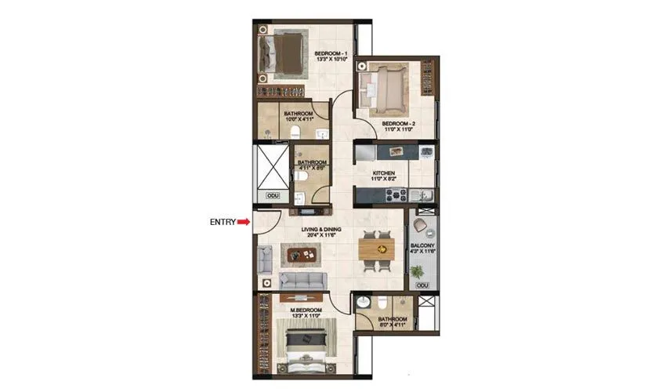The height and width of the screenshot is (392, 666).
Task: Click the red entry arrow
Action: click(244, 222)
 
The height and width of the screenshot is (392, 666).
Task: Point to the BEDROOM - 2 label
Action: click(398, 124)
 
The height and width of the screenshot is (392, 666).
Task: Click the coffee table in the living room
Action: click(302, 254)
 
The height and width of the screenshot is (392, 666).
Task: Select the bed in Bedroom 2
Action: click(382, 85)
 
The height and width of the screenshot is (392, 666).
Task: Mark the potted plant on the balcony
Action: click(418, 271)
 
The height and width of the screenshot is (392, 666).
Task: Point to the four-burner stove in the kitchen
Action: click(425, 151)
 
